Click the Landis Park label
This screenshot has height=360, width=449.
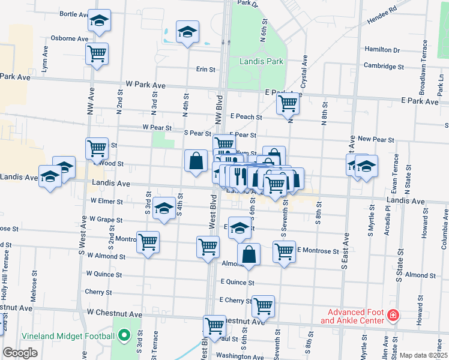point(261,61)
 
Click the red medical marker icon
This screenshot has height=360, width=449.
point(393,315)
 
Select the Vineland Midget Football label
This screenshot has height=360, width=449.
point(68,335)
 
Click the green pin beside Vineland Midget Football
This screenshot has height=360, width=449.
point(124,335)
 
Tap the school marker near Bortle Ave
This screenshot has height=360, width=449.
point(99,21)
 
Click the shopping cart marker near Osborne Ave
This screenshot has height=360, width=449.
point(97,54)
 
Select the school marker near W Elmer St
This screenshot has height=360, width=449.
point(163,208)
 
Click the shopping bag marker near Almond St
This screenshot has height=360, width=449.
point(249,254)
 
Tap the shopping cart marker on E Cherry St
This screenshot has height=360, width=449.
point(263,306)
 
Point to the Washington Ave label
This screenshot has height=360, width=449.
point(238,356)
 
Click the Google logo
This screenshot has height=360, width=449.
point(20,353)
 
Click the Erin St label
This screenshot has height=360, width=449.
point(206,70)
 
